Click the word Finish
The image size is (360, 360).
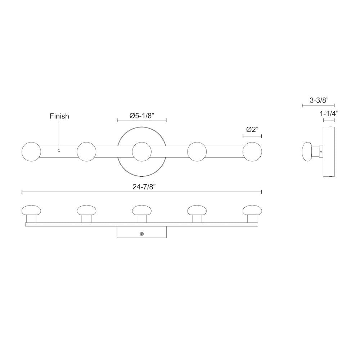pos(59,116)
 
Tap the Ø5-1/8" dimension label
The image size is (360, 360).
pos(141,116)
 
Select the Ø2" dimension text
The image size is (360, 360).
pos(252,130)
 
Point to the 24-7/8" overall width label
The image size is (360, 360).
pos(144,187)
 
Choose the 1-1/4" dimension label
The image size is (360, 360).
pos(329,113)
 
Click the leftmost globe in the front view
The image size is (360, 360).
pos(31,152)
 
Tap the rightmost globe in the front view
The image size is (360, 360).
pos(252,152)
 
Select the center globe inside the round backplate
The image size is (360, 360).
pos(141,152)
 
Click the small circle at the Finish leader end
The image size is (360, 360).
pos(59,150)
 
